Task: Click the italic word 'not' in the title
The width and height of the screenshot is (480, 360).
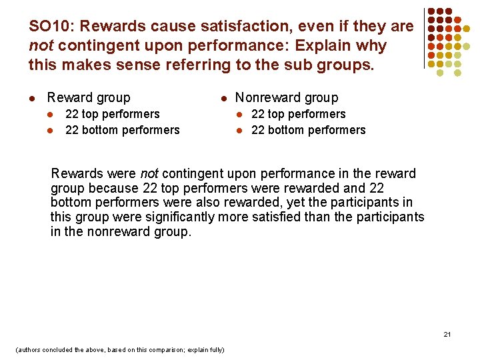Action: point(40,47)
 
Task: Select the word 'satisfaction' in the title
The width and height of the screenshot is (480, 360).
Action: point(235,27)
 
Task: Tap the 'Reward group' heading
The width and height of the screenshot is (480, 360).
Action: point(89,98)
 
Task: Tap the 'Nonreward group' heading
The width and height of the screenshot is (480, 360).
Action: point(287,98)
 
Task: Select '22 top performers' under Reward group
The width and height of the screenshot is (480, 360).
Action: point(112,115)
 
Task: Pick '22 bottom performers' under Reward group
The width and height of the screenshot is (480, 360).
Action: point(122,130)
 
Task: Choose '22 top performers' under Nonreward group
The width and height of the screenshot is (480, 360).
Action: point(298,115)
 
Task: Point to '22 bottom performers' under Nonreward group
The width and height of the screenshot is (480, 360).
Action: point(308,130)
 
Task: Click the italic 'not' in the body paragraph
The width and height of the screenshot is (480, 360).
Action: point(149,174)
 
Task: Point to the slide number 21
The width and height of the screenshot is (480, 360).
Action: point(447,334)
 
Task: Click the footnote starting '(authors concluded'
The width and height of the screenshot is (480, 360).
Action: point(119,349)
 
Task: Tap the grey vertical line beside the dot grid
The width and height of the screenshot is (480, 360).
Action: point(424,39)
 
